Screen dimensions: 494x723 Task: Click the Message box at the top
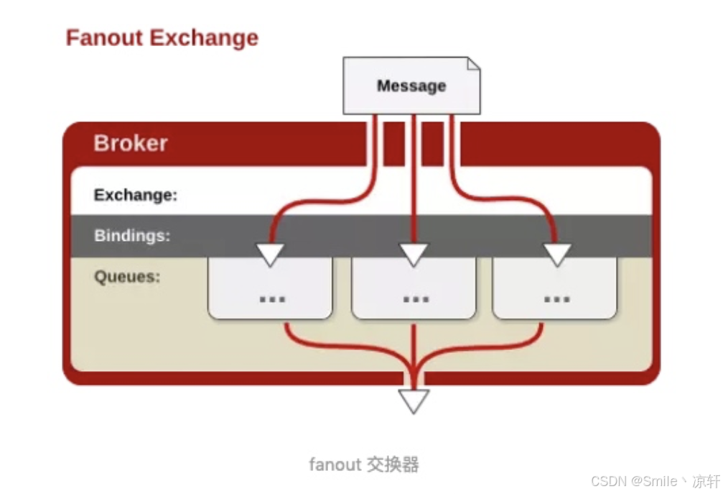pos(411,86)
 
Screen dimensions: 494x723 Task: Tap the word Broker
pos(130,143)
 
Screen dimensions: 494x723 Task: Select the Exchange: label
pos(135,195)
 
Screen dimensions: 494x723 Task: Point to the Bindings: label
pos(132,235)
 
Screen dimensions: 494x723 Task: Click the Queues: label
pos(127,277)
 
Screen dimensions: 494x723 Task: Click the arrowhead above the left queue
pos(271,254)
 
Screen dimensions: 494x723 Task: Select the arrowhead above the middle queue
pos(414,254)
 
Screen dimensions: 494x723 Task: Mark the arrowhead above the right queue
pos(556,254)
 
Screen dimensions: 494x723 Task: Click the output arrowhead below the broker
pos(414,400)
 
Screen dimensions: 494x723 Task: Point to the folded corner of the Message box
pos(473,65)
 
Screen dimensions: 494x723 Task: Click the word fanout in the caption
pos(335,465)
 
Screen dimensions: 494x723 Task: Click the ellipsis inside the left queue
pos(271,297)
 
